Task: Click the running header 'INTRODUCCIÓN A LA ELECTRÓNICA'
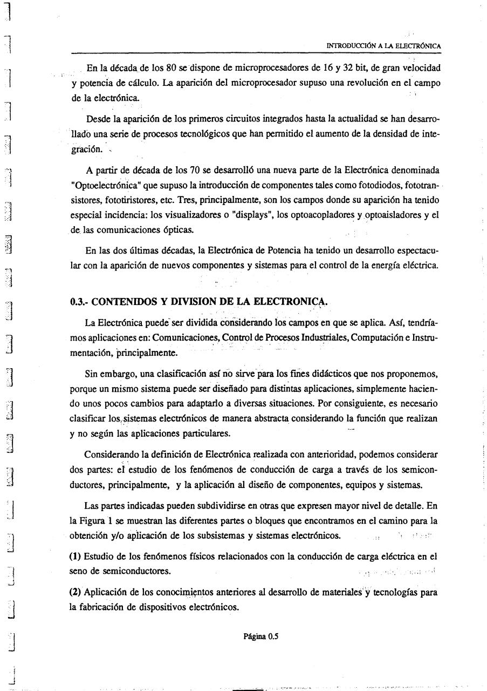pos(384,46)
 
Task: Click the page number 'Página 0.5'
pos(260,636)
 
